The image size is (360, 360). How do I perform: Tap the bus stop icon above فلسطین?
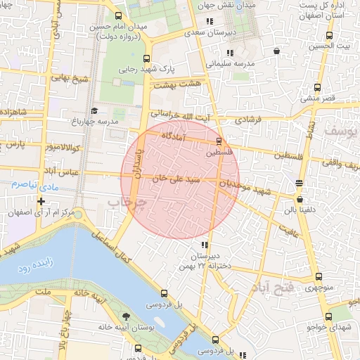(219, 141)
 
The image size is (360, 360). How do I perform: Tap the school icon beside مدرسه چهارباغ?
(94, 110)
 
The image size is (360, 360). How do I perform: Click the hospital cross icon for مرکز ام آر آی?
(41, 202)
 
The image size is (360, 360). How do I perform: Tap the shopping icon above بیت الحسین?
(276, 51)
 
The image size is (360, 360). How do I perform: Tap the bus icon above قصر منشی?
(316, 88)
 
